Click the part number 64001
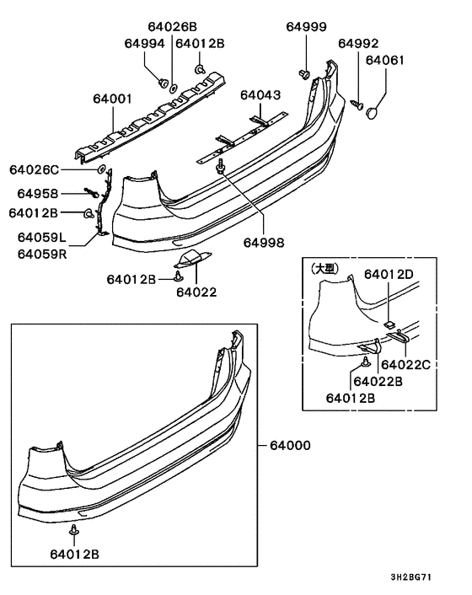(112, 99)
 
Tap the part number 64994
(144, 43)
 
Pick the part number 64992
(358, 43)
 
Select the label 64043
(260, 95)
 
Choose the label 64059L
(39, 238)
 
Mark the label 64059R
(39, 252)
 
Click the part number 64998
(265, 243)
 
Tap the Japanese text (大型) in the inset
(324, 268)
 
